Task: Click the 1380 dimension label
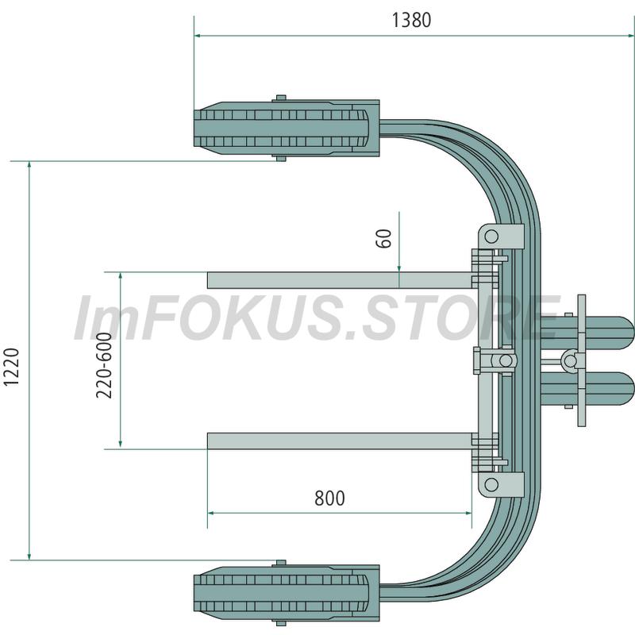(x=411, y=20)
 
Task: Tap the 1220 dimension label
(x=12, y=367)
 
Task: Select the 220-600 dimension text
(x=104, y=365)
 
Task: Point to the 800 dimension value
(x=329, y=498)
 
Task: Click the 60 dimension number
(x=384, y=238)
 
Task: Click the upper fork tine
(x=340, y=280)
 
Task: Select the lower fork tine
(x=340, y=441)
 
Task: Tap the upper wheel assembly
(x=287, y=128)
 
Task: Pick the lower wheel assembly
(x=287, y=593)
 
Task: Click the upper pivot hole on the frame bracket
(x=491, y=236)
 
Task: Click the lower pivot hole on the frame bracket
(x=491, y=484)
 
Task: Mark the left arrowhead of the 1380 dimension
(x=198, y=36)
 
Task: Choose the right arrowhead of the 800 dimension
(x=468, y=513)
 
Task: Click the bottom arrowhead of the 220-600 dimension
(x=121, y=444)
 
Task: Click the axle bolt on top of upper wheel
(x=281, y=98)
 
